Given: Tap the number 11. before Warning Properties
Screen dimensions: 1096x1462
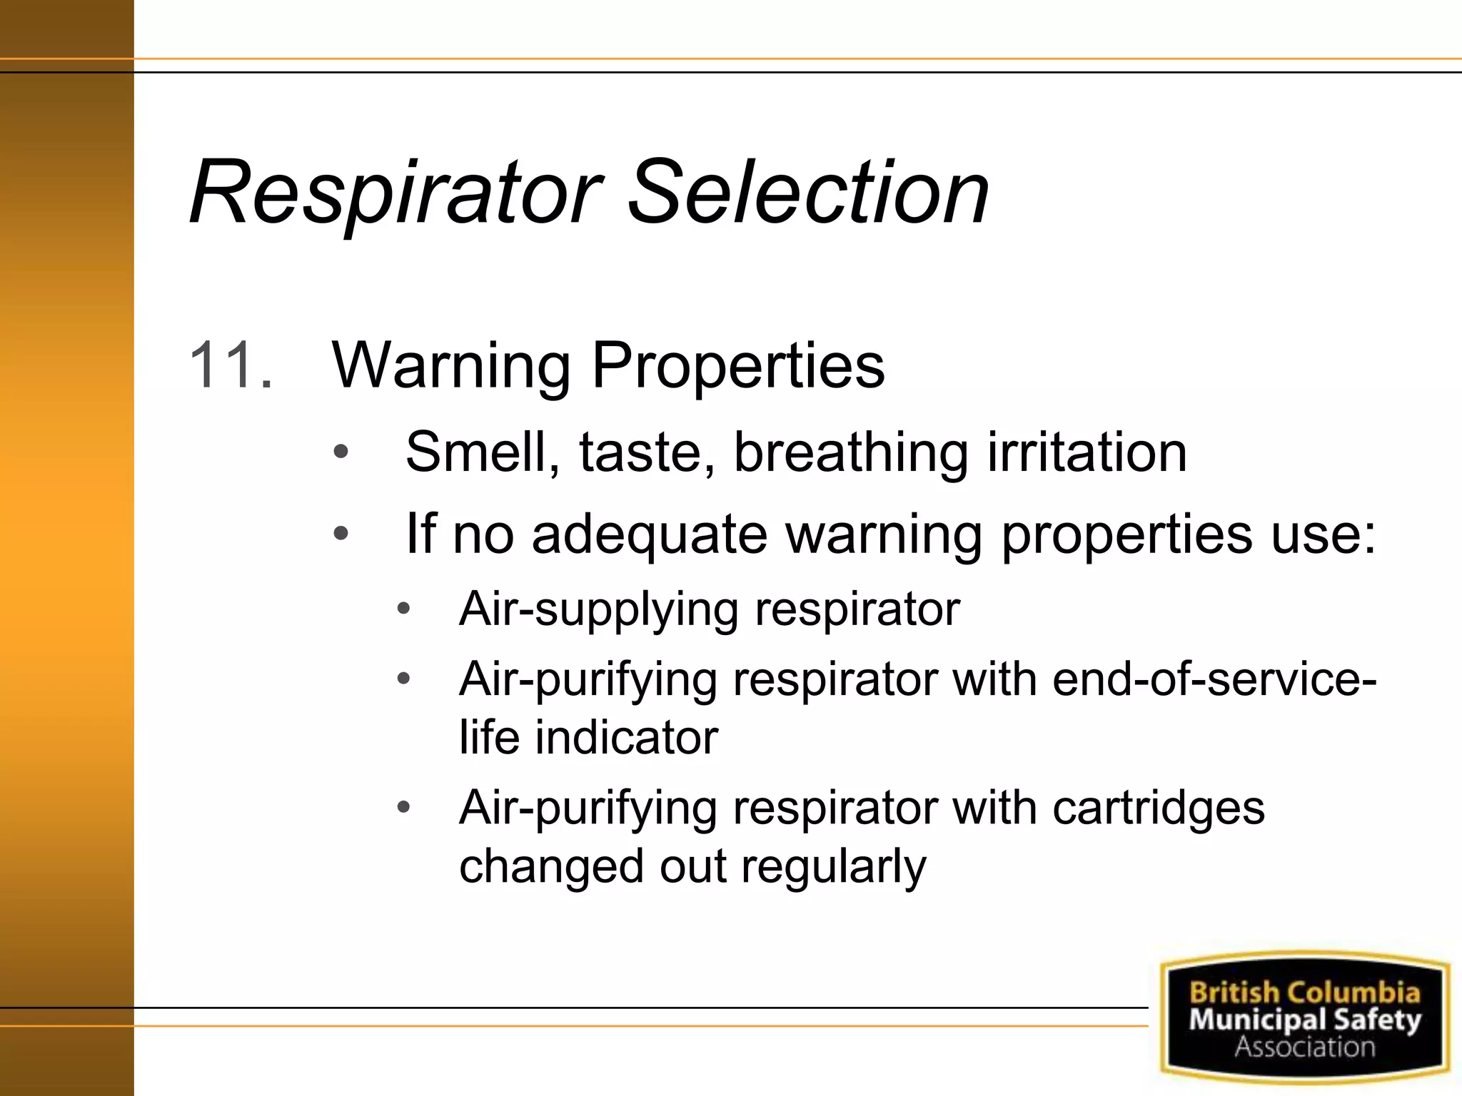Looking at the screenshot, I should tap(231, 365).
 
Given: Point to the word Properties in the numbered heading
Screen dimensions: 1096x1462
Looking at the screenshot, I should tap(738, 367).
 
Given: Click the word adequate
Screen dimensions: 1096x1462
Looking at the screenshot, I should tap(649, 534).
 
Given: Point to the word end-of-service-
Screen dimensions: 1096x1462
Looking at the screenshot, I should tap(1214, 679).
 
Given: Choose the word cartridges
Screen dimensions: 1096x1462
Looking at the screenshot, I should tap(1158, 808).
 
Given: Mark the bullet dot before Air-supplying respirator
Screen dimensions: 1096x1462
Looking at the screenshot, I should tap(403, 609).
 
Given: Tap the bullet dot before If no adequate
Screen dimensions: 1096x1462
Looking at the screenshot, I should tap(341, 533).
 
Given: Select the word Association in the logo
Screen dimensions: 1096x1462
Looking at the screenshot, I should tap(1305, 1047).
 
